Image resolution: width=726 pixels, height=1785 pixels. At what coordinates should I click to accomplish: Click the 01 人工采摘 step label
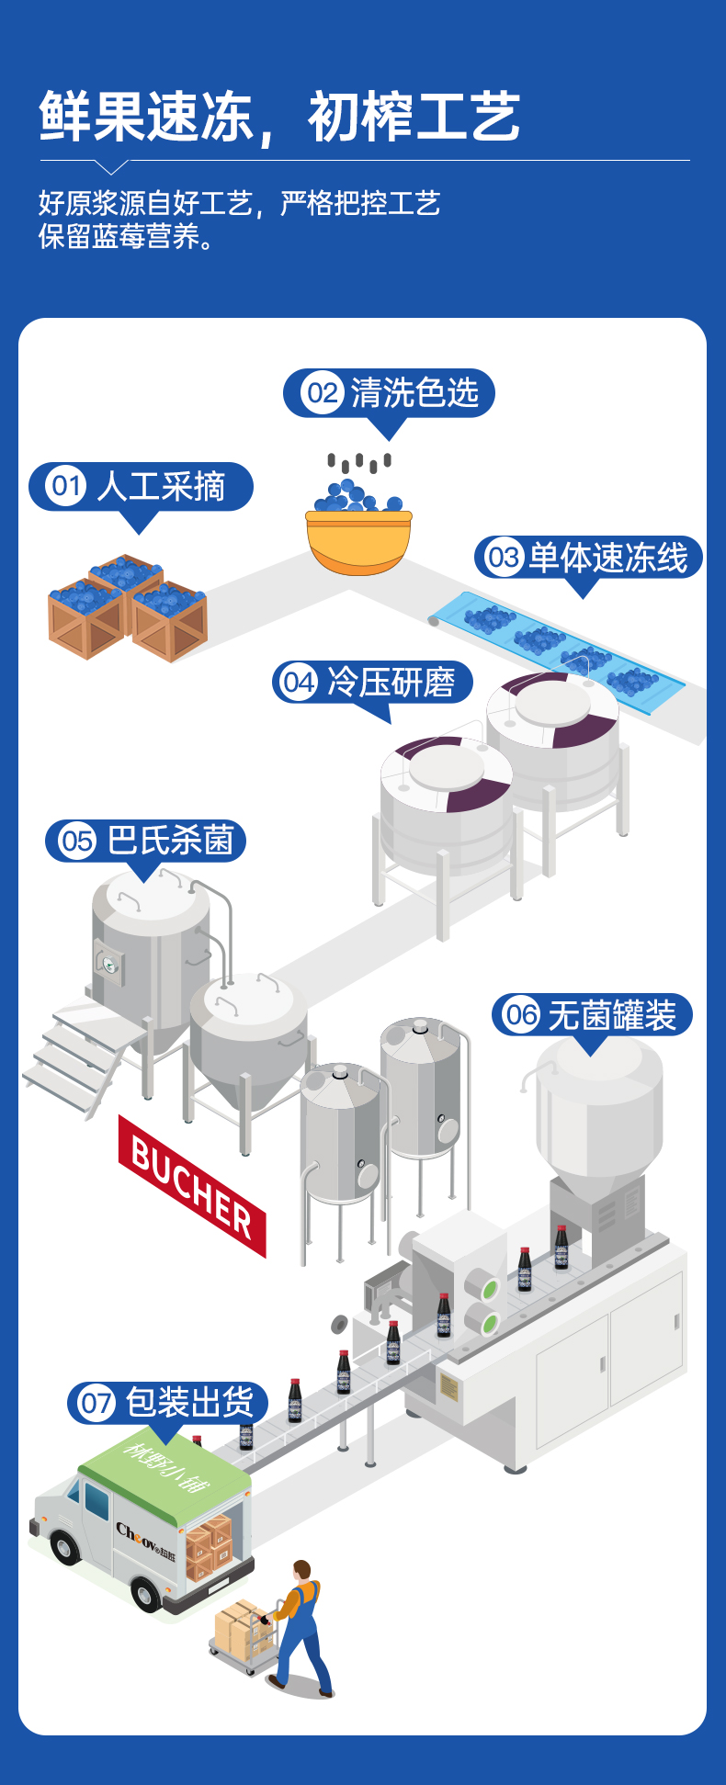[x=141, y=487]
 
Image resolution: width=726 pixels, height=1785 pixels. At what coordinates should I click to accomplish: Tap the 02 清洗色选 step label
[x=389, y=393]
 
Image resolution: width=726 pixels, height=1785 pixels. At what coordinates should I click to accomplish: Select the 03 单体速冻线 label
[x=588, y=558]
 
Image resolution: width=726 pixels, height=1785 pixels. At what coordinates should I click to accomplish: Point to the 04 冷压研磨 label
[x=372, y=683]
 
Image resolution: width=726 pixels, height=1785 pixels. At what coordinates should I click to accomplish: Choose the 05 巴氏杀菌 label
[x=146, y=841]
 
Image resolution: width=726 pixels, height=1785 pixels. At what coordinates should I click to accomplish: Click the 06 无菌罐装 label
[x=592, y=1015]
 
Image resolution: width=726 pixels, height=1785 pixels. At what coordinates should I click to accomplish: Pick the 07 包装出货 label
[x=168, y=1403]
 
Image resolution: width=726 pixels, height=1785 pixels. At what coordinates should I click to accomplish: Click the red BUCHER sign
[x=192, y=1186]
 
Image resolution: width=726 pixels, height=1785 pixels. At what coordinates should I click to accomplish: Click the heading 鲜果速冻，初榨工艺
[x=279, y=118]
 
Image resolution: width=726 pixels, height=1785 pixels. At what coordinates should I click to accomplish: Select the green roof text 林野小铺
[x=166, y=1466]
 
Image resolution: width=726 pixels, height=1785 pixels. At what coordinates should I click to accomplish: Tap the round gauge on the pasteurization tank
[x=109, y=964]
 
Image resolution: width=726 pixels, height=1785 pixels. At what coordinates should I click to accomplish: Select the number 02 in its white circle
[x=322, y=393]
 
